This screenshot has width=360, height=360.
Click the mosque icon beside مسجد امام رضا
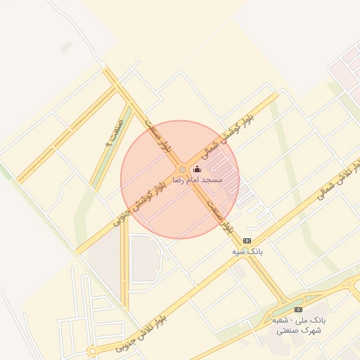pos(197,169)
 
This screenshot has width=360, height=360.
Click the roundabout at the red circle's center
pos(182,170)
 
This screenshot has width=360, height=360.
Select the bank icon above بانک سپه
pos(246,240)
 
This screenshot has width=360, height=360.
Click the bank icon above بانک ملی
pos(298,309)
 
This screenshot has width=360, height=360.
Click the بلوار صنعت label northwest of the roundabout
pos(158,136)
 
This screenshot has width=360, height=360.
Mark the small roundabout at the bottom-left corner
pos(92,351)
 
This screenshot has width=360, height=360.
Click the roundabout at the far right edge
pos(349,285)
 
